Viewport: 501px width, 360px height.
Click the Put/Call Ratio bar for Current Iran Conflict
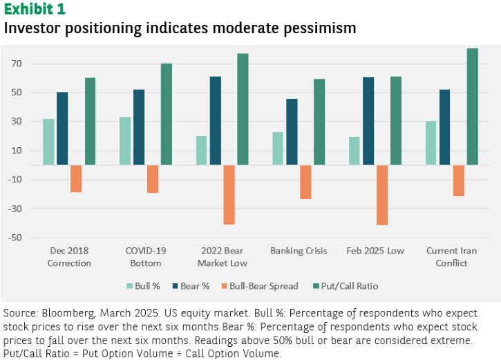[x=472, y=106]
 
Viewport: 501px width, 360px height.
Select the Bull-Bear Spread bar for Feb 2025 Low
[x=382, y=195]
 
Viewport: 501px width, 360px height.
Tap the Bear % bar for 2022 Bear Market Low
[x=216, y=121]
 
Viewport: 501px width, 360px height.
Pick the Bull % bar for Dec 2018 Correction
[x=48, y=142]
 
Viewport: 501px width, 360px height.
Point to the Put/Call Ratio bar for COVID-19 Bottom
[x=166, y=114]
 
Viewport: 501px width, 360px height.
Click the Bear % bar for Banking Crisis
[x=292, y=132]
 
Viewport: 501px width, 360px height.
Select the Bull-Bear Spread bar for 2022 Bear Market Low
[x=229, y=195]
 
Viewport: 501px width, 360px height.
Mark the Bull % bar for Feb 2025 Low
[x=355, y=151]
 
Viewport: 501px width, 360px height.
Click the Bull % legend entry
[x=143, y=286]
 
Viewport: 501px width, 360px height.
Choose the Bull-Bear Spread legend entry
[x=260, y=286]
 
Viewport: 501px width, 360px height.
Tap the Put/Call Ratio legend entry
[x=346, y=286]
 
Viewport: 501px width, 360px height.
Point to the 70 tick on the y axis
[x=17, y=64]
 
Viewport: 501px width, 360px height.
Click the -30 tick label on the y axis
[x=15, y=209]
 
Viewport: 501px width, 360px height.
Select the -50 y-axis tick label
[x=15, y=238]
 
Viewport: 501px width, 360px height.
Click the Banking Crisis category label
[x=299, y=251]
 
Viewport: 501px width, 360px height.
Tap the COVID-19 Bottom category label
[x=146, y=257]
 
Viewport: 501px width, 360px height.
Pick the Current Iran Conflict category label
[x=451, y=257]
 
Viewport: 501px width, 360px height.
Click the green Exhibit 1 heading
[x=35, y=9]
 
